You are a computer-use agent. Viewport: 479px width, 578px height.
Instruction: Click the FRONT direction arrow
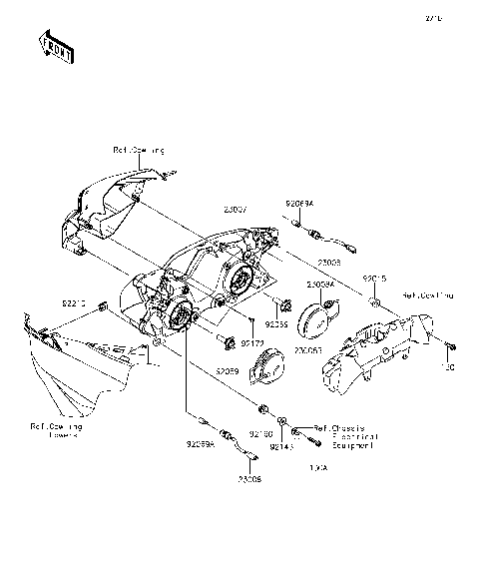tap(55, 47)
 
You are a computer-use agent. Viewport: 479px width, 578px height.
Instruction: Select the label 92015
tap(373, 278)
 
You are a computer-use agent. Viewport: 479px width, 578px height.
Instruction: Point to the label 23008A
tap(319, 285)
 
